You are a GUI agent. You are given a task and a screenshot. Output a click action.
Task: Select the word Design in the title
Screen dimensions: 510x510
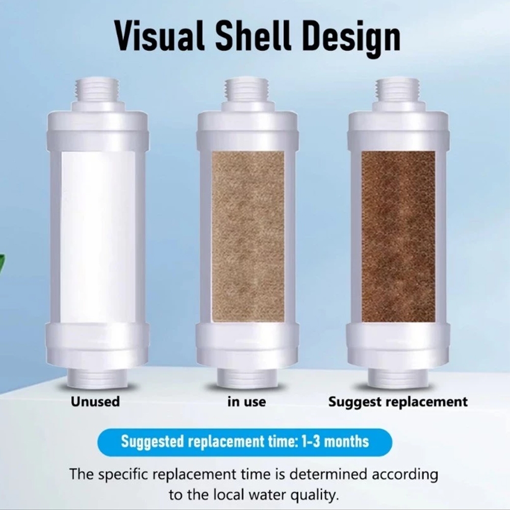click(x=351, y=38)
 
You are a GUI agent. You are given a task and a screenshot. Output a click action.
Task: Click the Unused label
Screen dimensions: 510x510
click(x=95, y=401)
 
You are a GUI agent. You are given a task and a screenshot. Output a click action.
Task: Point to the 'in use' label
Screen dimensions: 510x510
click(x=246, y=402)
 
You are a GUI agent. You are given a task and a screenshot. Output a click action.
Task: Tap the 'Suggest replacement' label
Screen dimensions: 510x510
click(x=398, y=402)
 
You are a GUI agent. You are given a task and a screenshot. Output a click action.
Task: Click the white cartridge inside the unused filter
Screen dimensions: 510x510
click(x=98, y=237)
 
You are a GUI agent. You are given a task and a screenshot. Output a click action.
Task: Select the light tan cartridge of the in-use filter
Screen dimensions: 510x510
click(x=248, y=237)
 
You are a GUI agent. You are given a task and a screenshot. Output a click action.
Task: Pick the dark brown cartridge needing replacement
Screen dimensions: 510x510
click(x=398, y=237)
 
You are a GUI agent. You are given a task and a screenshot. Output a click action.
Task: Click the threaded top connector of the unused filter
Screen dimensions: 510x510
click(x=96, y=90)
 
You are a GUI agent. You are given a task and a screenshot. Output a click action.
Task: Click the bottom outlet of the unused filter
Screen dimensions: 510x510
click(x=98, y=377)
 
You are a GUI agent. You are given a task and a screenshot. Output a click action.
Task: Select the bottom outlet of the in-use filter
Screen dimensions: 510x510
click(x=248, y=377)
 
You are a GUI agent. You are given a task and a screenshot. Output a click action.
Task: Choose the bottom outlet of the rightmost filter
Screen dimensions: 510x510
click(x=398, y=377)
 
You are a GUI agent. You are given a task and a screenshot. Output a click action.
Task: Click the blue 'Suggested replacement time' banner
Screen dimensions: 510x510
click(x=245, y=442)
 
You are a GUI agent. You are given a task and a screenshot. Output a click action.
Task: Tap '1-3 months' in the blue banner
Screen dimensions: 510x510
click(x=336, y=442)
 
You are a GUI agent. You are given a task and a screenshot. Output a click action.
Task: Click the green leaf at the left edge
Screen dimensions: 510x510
click(x=3, y=264)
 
